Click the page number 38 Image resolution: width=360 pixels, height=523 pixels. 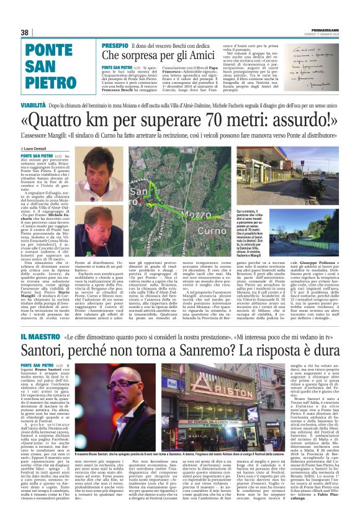point(25,32)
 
